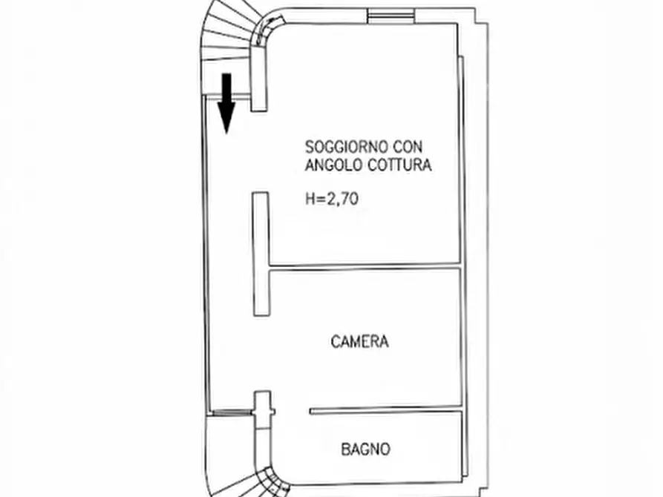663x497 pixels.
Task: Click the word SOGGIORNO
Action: (x=347, y=147)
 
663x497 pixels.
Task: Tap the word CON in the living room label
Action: (x=408, y=147)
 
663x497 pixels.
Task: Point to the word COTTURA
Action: (x=399, y=165)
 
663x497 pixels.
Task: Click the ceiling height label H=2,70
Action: (x=332, y=198)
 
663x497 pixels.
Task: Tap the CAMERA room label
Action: (x=360, y=341)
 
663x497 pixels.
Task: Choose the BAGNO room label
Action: (x=365, y=449)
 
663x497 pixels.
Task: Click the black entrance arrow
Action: (x=226, y=104)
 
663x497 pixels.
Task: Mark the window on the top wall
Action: (x=391, y=16)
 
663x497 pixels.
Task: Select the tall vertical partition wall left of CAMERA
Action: (x=261, y=254)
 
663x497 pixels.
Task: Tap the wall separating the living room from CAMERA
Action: (x=365, y=266)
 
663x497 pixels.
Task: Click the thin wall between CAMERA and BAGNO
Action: (x=385, y=410)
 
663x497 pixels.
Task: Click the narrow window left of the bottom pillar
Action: (x=232, y=412)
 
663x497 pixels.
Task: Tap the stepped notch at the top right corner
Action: (x=482, y=16)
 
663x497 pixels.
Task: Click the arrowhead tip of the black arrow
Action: (x=226, y=134)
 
